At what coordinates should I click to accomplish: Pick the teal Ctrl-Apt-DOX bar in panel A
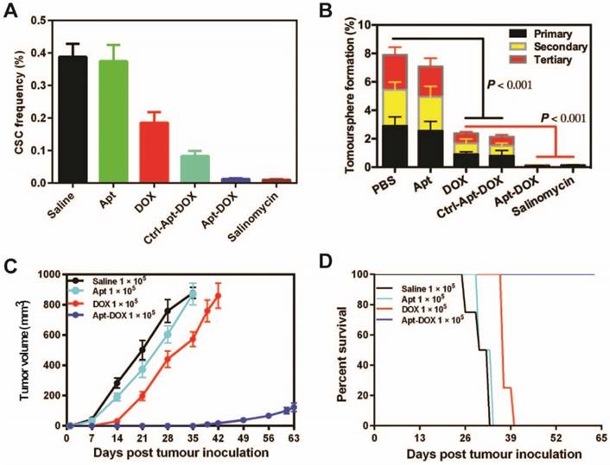pos(195,169)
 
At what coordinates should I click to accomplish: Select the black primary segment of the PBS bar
pos(394,146)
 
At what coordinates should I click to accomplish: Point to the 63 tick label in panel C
pos(293,437)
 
